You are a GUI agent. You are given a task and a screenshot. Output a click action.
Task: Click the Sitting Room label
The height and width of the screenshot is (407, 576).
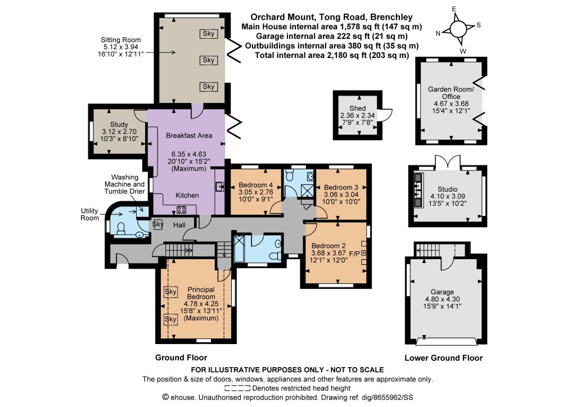tap(120, 40)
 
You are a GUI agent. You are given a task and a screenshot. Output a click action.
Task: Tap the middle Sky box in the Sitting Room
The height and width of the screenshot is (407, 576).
tap(208, 60)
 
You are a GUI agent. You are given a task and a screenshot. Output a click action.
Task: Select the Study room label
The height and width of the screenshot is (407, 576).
tap(119, 124)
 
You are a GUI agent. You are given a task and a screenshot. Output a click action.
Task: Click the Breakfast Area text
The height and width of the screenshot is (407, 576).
tap(189, 135)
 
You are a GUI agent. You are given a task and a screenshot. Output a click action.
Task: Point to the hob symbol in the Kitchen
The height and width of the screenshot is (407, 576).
tap(182, 210)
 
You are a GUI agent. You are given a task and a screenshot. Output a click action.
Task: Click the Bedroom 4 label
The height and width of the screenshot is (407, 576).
tap(256, 185)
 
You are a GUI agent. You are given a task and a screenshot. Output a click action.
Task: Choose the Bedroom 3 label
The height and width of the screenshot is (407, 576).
tap(341, 187)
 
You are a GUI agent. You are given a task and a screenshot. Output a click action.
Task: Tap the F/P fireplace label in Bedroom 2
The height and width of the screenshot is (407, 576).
tap(354, 253)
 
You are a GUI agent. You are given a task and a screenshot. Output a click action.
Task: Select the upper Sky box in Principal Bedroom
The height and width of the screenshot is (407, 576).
tap(171, 292)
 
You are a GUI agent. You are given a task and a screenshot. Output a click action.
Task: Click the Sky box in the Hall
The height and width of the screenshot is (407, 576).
tap(158, 224)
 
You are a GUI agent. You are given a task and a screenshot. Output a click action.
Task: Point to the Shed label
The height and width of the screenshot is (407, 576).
tap(357, 108)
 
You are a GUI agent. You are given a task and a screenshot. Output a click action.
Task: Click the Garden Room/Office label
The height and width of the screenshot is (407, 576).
tap(451, 93)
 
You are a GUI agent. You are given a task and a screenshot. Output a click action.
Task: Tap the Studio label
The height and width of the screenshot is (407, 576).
tap(447, 189)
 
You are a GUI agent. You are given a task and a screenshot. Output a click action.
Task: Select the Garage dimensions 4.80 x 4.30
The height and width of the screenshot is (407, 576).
tap(442, 299)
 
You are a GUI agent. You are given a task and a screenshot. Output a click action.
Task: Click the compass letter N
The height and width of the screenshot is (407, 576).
tap(438, 33)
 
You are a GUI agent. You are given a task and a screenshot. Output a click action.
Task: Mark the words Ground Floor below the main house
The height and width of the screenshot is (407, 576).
tap(181, 358)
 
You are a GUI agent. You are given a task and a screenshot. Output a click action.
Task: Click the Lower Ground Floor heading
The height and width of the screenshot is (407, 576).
tap(443, 358)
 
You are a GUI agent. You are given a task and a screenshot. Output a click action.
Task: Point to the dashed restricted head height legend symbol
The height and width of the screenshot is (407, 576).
tap(237, 388)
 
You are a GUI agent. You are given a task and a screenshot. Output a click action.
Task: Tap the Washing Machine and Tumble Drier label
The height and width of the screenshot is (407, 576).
tap(124, 184)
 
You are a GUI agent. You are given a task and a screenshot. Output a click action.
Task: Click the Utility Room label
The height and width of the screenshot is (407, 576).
tap(89, 214)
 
